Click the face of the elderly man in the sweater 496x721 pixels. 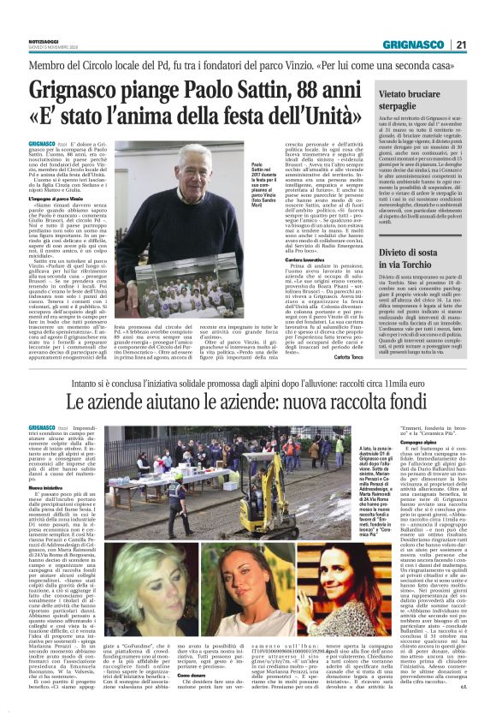[x=169, y=161]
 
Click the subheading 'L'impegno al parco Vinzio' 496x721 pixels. [x=62, y=199]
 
